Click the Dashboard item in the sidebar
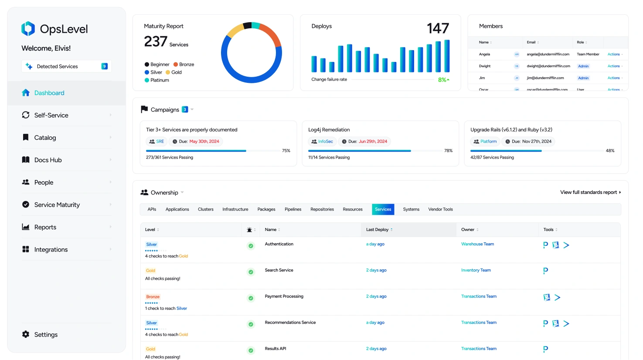49,93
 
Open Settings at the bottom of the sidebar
45,334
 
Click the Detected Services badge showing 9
104,66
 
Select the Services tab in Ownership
383,209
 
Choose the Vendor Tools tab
440,209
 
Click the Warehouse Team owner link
477,244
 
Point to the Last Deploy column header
377,230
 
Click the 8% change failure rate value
442,80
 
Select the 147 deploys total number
438,29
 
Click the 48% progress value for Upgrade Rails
610,151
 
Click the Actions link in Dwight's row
614,66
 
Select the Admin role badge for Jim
583,78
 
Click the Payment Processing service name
284,296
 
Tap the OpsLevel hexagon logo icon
28,29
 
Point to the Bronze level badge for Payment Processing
153,297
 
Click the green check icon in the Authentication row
251,246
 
